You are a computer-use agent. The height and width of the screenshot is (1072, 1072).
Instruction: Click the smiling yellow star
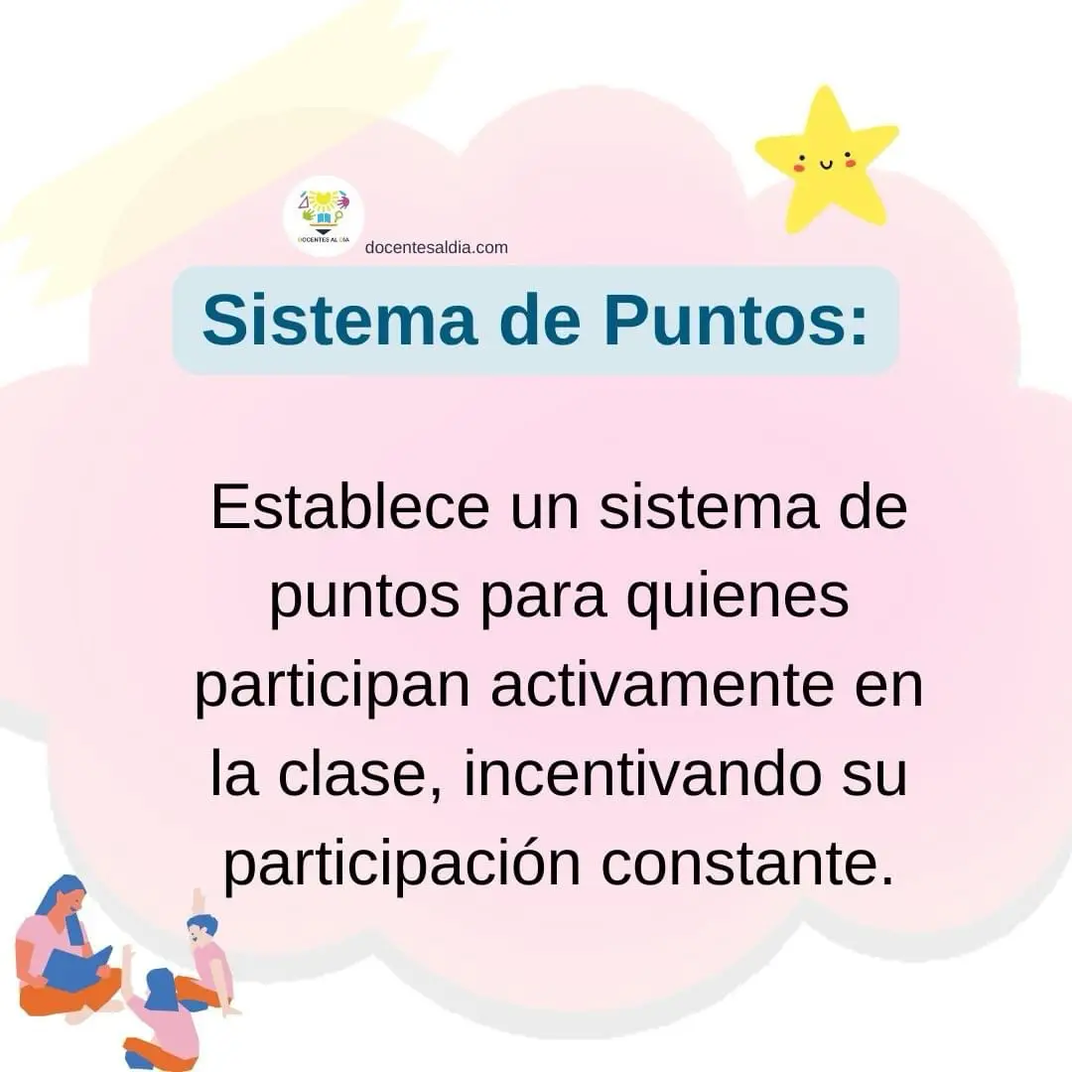(826, 162)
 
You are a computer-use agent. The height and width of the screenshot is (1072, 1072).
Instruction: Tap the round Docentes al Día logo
(324, 216)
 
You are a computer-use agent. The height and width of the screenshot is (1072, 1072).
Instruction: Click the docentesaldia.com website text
(436, 247)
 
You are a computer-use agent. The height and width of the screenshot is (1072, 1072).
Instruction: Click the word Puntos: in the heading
(736, 320)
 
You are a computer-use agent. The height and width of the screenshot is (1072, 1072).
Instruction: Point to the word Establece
(350, 506)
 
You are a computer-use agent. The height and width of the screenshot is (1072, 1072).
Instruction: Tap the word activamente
(662, 685)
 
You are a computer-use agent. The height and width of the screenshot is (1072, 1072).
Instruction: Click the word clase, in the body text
(360, 774)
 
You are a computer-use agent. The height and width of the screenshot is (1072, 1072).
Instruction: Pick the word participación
(402, 865)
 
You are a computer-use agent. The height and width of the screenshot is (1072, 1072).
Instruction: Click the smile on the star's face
(826, 165)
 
